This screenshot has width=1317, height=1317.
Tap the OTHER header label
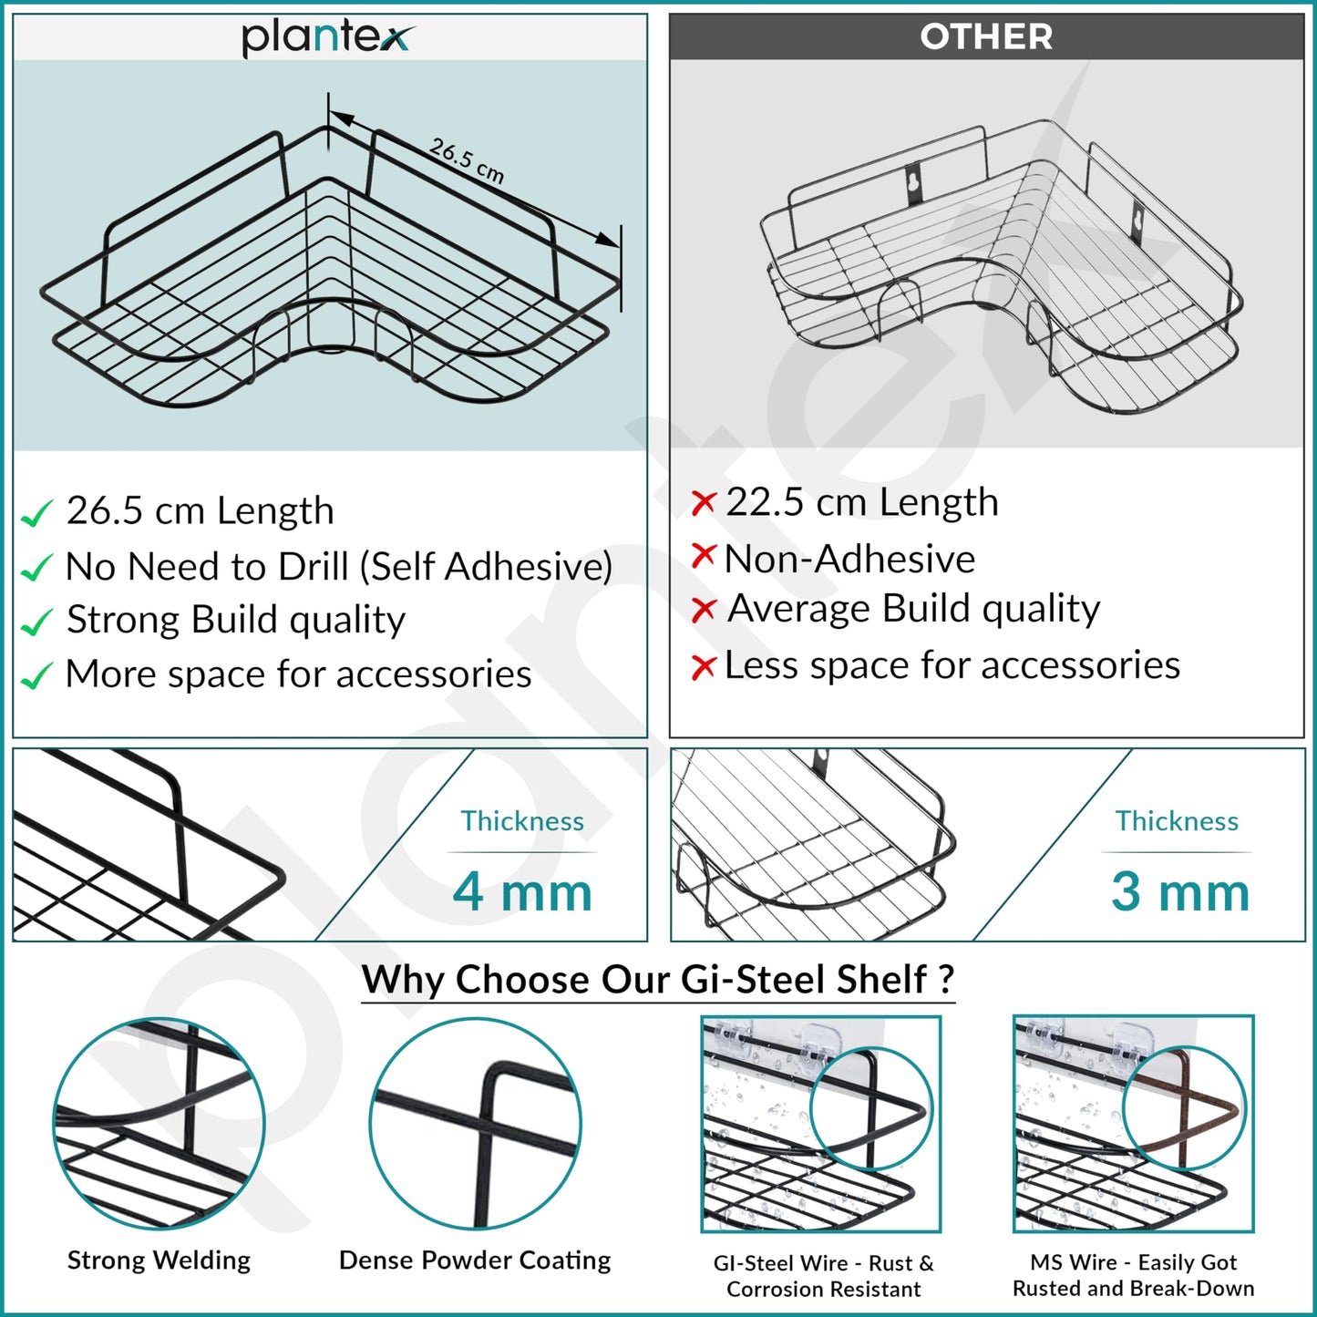point(986,36)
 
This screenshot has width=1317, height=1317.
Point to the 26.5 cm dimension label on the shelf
point(467,161)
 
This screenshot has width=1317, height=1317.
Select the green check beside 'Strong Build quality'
point(36,622)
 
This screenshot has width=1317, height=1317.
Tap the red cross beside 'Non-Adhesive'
point(704,556)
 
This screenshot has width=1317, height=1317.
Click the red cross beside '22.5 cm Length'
point(704,503)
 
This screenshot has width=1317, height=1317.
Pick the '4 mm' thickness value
point(522,892)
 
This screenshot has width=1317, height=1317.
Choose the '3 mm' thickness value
point(1180,892)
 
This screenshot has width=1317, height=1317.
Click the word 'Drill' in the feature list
point(314,566)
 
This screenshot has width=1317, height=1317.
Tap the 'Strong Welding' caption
point(159,1260)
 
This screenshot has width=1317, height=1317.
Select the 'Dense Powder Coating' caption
point(475,1260)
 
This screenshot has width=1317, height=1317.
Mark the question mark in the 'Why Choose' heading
point(946,979)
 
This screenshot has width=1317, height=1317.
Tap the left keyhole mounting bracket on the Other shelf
point(914,183)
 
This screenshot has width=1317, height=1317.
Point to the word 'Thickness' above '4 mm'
point(522,820)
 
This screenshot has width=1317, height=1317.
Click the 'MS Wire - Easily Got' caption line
point(1133,1261)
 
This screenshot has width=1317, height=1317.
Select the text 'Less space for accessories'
point(952,664)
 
